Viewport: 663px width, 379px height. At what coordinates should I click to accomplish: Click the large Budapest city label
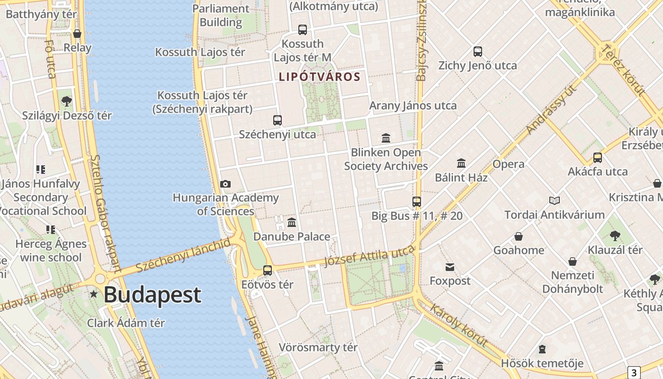coord(152,295)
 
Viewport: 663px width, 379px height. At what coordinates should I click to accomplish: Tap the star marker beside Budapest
coord(94,294)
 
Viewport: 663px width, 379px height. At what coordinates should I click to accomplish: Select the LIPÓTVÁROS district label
coord(320,77)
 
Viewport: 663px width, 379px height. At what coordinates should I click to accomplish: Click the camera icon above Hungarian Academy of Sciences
coord(225,184)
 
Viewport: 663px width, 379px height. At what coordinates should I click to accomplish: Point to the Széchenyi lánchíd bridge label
coord(183,256)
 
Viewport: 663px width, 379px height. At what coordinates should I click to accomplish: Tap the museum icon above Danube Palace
coord(292,222)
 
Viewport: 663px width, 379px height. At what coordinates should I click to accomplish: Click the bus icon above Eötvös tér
coord(268,271)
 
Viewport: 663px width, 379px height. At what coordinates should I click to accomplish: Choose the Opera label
coord(508,164)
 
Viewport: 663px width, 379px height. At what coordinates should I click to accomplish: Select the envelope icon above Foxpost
coord(450,267)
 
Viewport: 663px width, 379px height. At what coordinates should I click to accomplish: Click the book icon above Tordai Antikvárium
coord(554,201)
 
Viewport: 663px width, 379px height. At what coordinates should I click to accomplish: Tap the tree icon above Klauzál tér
coord(615,235)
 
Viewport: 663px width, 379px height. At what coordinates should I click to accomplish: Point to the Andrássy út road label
coord(552,109)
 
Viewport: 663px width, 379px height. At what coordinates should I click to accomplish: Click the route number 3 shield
coord(634,372)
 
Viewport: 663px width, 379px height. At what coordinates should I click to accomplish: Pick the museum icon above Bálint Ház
coord(461,163)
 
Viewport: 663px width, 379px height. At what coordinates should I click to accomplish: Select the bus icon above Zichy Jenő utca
coord(478,52)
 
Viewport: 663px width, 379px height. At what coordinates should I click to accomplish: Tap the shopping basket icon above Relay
coord(77,34)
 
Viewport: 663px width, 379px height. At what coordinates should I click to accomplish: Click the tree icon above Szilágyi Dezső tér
coord(67,101)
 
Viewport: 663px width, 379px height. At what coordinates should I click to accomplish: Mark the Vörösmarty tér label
coord(318,347)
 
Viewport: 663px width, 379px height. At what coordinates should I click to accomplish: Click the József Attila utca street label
coord(369,256)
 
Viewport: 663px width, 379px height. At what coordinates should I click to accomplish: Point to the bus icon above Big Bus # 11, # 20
coord(417,202)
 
